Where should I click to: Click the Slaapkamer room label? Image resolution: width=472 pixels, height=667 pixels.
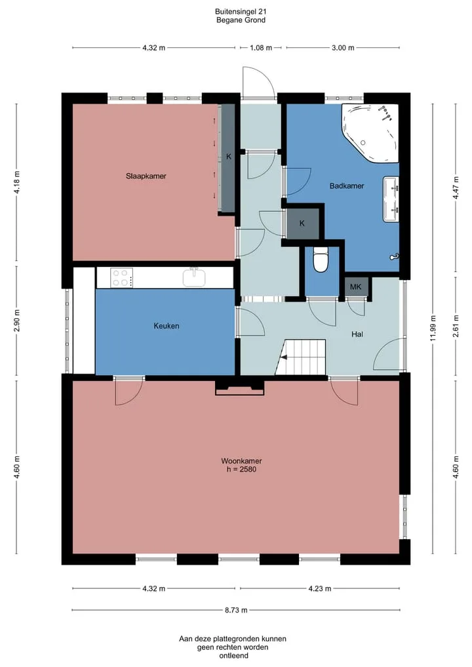tap(146, 176)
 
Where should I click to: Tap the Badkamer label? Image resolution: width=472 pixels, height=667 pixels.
tap(347, 186)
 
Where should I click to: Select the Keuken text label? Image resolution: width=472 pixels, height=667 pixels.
tap(167, 326)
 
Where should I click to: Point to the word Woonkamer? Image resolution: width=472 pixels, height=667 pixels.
tap(241, 460)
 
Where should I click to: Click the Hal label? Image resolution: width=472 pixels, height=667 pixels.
tap(357, 334)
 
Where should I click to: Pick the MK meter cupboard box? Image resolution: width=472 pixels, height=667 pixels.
tap(356, 287)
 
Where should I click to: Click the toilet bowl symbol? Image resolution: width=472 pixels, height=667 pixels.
tap(321, 261)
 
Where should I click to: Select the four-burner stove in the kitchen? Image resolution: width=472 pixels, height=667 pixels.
tap(122, 278)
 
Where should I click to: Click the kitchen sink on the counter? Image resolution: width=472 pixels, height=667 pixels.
tap(194, 277)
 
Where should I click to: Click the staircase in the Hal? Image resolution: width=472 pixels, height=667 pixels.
tap(301, 357)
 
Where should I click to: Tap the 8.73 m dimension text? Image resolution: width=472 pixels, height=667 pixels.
tap(236, 610)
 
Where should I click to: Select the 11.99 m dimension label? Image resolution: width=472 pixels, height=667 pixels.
tap(433, 328)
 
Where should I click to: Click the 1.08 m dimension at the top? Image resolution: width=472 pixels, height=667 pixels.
tap(261, 48)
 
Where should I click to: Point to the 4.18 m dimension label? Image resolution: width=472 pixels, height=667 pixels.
tap(16, 182)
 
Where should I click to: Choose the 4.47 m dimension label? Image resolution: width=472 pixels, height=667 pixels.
tap(456, 188)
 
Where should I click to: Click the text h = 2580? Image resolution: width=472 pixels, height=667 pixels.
tap(241, 469)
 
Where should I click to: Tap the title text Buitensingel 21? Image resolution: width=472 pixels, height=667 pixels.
tap(241, 12)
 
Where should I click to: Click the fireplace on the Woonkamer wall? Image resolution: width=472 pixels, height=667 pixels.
tap(240, 388)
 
